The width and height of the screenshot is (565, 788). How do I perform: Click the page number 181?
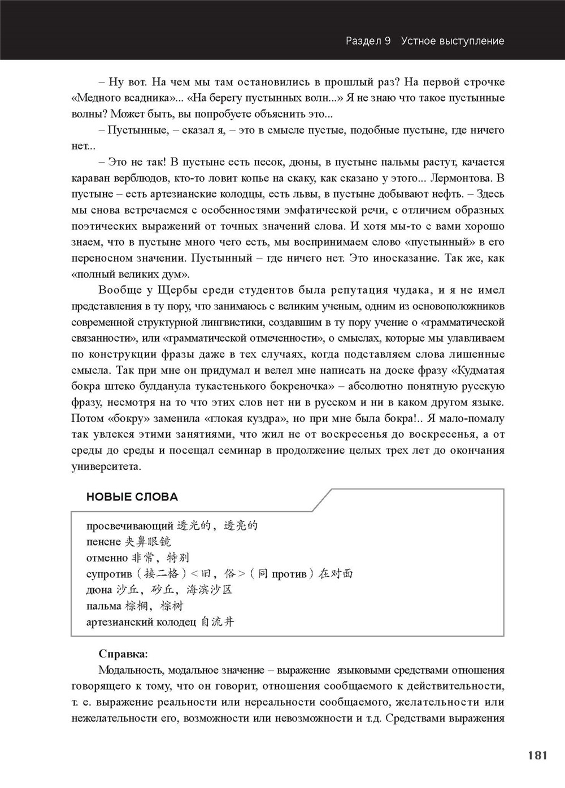(537, 755)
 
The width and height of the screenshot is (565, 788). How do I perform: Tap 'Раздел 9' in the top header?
(368, 41)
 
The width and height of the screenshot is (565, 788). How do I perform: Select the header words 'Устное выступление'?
(453, 41)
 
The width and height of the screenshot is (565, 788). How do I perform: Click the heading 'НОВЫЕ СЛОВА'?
(132, 497)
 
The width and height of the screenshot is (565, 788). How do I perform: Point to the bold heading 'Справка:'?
(123, 654)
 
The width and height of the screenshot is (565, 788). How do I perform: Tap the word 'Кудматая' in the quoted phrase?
(476, 371)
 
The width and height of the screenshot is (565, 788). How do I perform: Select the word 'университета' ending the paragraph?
(106, 467)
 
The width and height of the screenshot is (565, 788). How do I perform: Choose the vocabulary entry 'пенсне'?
(103, 542)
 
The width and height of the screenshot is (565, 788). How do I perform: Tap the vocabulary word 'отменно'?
(107, 558)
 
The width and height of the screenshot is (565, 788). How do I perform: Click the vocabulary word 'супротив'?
(109, 574)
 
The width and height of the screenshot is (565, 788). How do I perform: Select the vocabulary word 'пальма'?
(103, 606)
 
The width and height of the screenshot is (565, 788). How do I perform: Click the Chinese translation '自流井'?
(217, 622)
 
